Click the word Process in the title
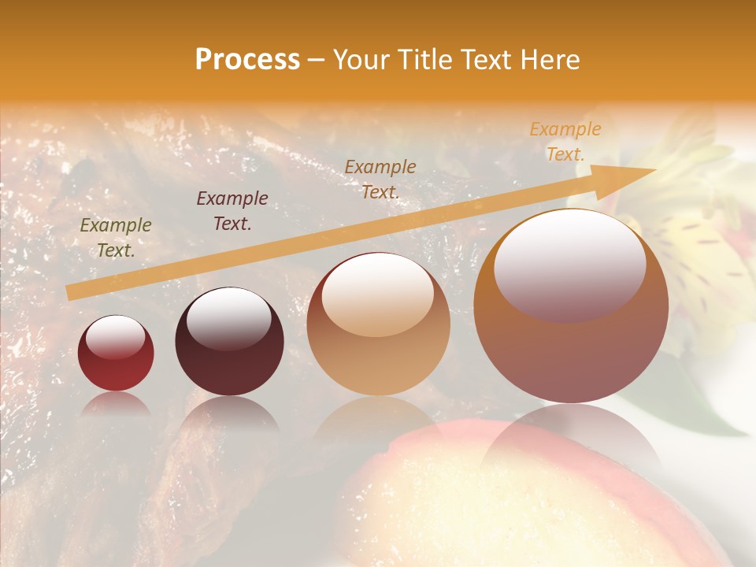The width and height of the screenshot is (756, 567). coord(247,60)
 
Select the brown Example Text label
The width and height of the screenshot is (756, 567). coord(380,179)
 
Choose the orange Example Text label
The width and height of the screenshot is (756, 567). coord(565,142)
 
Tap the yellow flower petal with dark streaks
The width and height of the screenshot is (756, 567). coord(693,252)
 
